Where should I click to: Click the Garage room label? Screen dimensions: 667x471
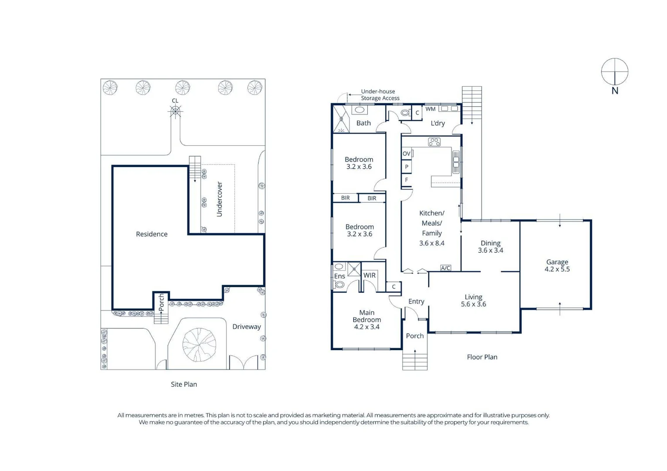point(557,262)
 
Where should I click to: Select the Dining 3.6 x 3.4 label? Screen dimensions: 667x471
point(490,246)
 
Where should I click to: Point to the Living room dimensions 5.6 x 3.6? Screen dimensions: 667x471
point(473,304)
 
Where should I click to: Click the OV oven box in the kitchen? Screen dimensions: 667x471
point(407,154)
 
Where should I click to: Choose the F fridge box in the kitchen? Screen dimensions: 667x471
point(407,180)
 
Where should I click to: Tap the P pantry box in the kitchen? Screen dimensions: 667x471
point(407,167)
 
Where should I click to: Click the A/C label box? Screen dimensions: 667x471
point(445,268)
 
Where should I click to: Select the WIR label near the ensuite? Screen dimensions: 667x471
point(369,275)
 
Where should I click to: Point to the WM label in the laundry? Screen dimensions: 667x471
point(430,109)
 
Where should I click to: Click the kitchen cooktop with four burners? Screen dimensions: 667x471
point(434,142)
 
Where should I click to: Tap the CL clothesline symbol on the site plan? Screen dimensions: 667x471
point(175,112)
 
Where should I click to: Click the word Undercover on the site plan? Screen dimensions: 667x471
point(219,199)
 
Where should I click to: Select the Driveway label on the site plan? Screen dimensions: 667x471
point(246,327)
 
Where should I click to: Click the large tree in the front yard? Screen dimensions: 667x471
point(199,345)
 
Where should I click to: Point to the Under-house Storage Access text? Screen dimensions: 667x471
point(380,95)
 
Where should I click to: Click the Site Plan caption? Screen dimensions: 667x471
point(184,384)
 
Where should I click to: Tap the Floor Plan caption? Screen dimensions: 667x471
point(482,357)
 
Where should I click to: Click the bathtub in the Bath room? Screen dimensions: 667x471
point(360,110)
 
